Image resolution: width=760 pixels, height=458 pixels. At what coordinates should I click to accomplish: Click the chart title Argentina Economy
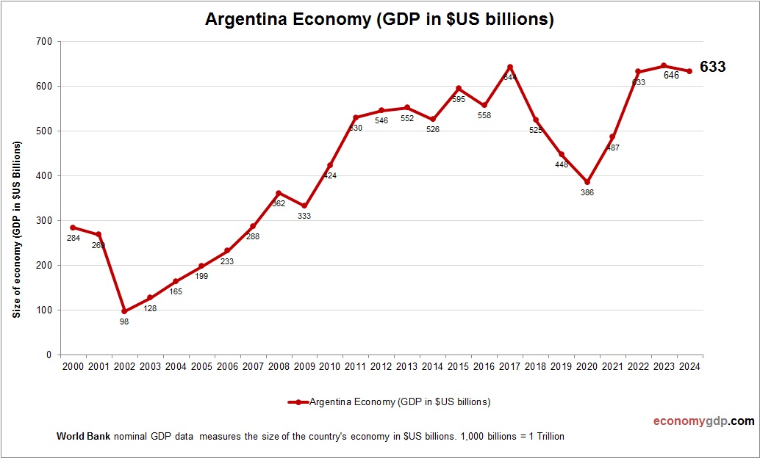(379, 20)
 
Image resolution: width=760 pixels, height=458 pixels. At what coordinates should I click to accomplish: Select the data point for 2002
(124, 311)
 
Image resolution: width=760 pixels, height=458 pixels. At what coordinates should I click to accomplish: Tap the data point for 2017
(509, 67)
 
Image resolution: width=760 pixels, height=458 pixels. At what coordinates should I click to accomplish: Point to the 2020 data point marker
(587, 182)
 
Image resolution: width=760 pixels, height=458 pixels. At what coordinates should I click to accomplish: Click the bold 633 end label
(712, 67)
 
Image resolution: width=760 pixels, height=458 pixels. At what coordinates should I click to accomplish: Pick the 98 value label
(124, 322)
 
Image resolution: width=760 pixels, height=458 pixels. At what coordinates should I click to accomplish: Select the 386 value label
(587, 193)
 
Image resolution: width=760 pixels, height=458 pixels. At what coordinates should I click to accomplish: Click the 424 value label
(330, 176)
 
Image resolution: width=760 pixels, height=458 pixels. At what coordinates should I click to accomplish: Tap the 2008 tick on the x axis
(279, 366)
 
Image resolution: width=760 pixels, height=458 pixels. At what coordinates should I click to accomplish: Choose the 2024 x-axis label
(689, 366)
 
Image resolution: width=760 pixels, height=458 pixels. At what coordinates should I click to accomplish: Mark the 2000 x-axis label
(73, 366)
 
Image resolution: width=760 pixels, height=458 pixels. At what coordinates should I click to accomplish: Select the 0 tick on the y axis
(49, 355)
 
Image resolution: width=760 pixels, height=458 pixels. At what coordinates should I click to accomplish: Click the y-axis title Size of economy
(16, 228)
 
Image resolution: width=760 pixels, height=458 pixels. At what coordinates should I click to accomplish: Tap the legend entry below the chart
(390, 402)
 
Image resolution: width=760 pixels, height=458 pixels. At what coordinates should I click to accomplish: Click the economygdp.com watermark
(703, 421)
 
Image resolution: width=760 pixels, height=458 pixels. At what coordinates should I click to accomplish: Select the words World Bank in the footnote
(83, 437)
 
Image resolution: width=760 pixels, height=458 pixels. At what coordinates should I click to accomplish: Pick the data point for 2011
(356, 117)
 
